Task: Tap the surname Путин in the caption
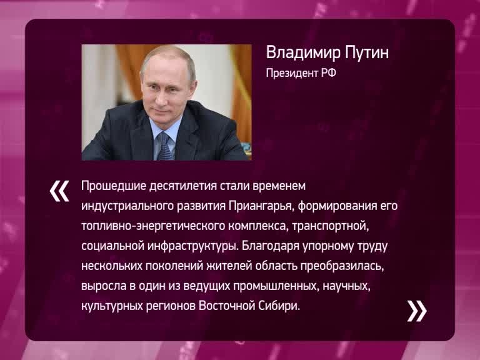click(367, 52)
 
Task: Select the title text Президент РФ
click(301, 74)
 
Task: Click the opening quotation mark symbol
click(59, 191)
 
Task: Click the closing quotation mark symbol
click(417, 311)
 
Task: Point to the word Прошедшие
click(113, 186)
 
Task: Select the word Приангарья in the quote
click(261, 206)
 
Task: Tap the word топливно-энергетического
click(153, 226)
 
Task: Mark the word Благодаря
click(270, 246)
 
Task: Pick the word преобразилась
click(342, 266)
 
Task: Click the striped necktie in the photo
click(165, 146)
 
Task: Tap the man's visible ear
click(193, 86)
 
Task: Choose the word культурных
click(112, 306)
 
